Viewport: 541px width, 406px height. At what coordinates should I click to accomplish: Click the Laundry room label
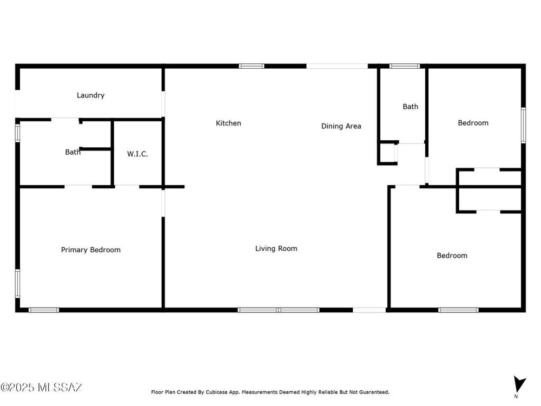[x=90, y=95]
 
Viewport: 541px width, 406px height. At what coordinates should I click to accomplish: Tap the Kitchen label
[x=228, y=123]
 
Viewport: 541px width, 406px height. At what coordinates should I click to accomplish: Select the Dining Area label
[x=341, y=126]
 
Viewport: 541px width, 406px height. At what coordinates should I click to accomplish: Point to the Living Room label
[x=276, y=248]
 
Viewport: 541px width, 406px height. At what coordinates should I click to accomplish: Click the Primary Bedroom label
[x=91, y=250]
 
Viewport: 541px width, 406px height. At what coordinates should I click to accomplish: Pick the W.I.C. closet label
[x=137, y=154]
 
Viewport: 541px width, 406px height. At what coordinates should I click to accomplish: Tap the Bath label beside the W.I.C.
[x=73, y=152]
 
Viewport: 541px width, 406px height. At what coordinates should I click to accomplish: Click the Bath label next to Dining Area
[x=410, y=107]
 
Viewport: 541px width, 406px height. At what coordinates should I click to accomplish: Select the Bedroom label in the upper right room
[x=473, y=123]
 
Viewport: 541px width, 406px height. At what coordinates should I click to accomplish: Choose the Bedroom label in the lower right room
[x=452, y=256]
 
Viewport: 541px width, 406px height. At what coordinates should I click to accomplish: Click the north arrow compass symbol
[x=519, y=385]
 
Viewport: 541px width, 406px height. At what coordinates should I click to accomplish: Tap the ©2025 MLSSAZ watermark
[x=42, y=388]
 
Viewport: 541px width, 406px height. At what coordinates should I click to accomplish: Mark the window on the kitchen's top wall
[x=252, y=66]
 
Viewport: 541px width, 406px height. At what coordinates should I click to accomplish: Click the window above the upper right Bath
[x=405, y=66]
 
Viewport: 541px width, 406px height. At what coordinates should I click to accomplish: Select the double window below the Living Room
[x=279, y=310]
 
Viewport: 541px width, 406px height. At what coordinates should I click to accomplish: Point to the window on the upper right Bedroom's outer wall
[x=523, y=126]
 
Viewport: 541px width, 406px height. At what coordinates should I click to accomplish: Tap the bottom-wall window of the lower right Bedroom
[x=458, y=310]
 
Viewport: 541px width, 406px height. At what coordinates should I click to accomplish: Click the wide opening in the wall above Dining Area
[x=337, y=66]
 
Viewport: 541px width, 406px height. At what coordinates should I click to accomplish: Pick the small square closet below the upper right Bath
[x=387, y=153]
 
